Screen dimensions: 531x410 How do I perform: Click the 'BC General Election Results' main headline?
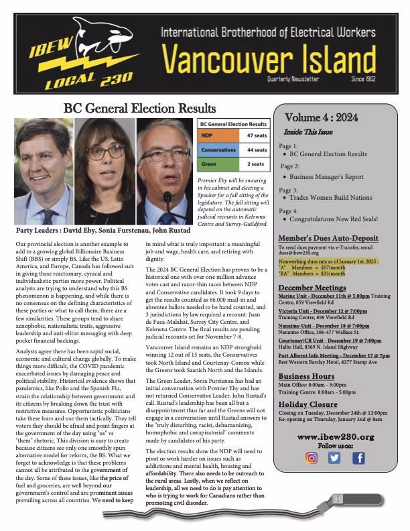point(139,109)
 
